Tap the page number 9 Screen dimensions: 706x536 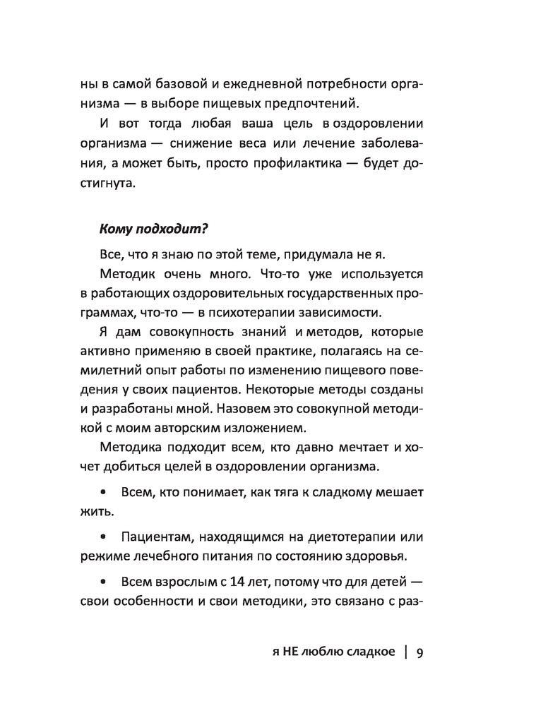pyautogui.click(x=420, y=653)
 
